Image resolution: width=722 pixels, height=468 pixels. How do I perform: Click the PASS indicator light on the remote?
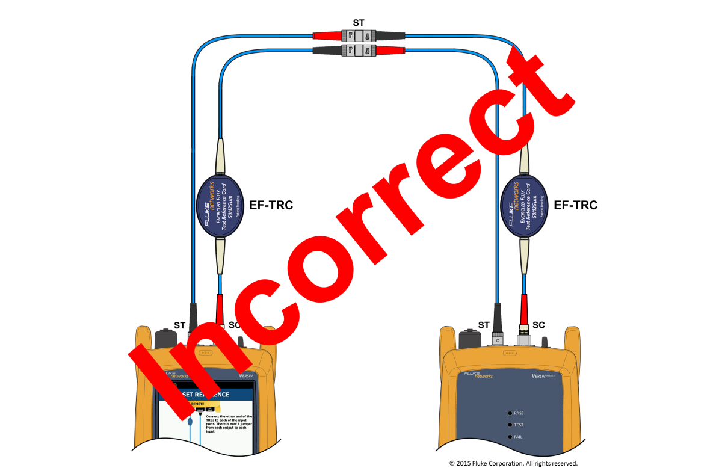(x=510, y=414)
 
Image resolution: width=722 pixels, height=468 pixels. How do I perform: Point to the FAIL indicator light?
(x=510, y=436)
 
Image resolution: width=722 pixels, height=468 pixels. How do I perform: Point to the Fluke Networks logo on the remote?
(x=478, y=375)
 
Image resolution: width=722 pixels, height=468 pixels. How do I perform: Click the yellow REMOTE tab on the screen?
(x=199, y=404)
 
